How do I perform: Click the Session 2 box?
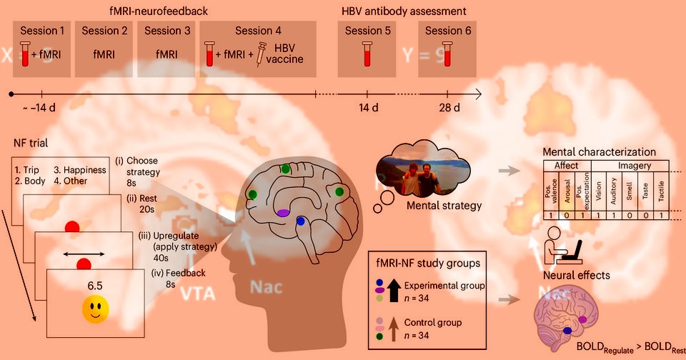[104, 49]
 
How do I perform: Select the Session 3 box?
[167, 49]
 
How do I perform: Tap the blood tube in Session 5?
[368, 54]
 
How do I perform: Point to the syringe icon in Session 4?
[262, 54]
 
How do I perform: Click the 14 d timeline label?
[367, 108]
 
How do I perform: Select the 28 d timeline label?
[448, 108]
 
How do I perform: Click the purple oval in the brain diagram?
[283, 212]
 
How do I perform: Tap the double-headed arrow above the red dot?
[86, 253]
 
